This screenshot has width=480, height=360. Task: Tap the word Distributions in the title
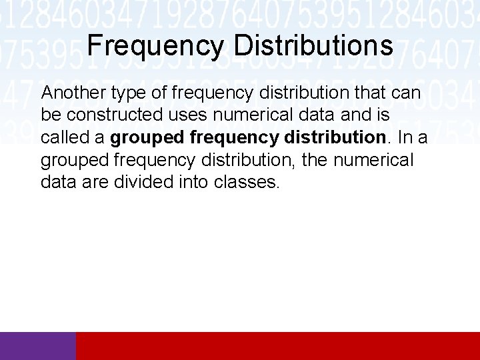click(313, 46)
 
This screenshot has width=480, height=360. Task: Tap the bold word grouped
click(147, 138)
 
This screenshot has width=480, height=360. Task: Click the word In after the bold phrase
click(405, 138)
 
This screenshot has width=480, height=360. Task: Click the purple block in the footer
click(38, 346)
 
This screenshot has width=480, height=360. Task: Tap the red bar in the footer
click(278, 346)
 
